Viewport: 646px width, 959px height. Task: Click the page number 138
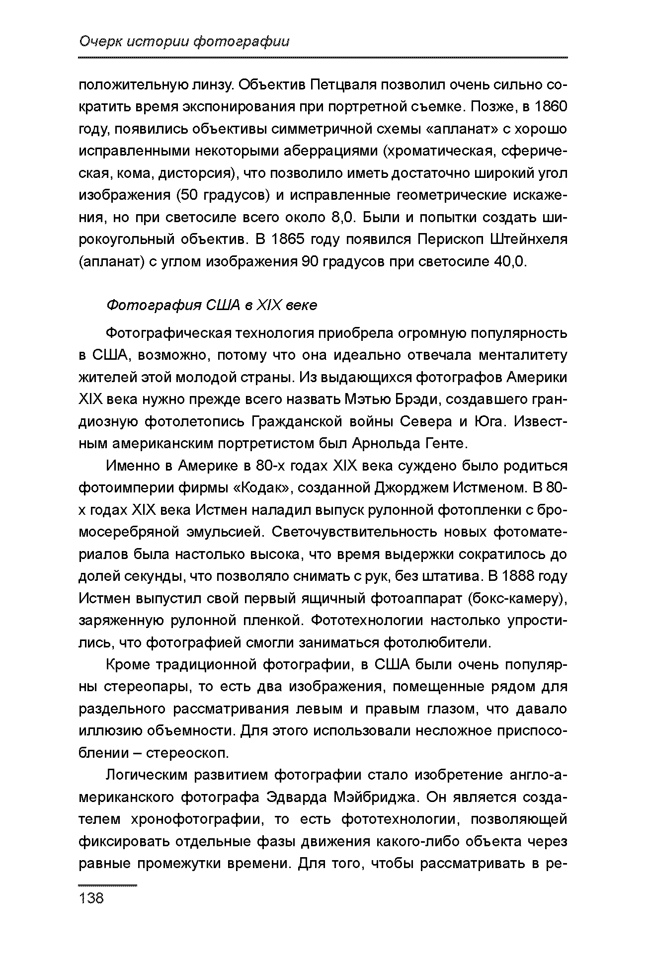[x=91, y=898]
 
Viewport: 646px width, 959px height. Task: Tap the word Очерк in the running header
[x=100, y=42]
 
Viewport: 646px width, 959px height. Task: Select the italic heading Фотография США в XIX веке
[x=212, y=305]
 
